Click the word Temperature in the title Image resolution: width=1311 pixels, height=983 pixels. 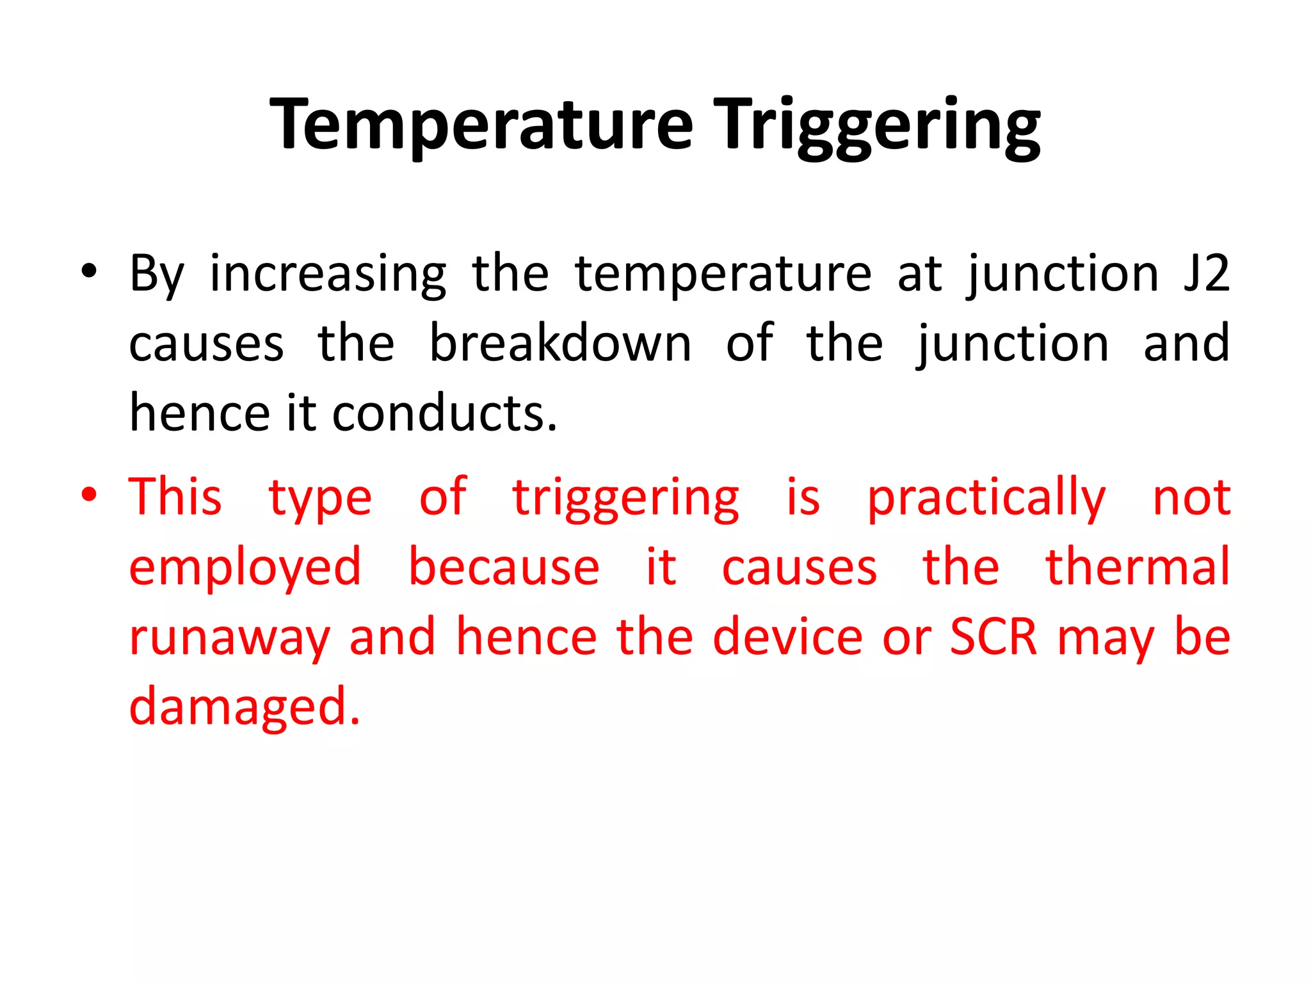(481, 125)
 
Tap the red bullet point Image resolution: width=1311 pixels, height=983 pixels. (89, 495)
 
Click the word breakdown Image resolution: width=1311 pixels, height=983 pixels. (560, 344)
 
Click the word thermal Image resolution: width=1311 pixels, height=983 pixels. (1137, 567)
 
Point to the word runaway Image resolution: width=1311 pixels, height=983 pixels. (229, 639)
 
